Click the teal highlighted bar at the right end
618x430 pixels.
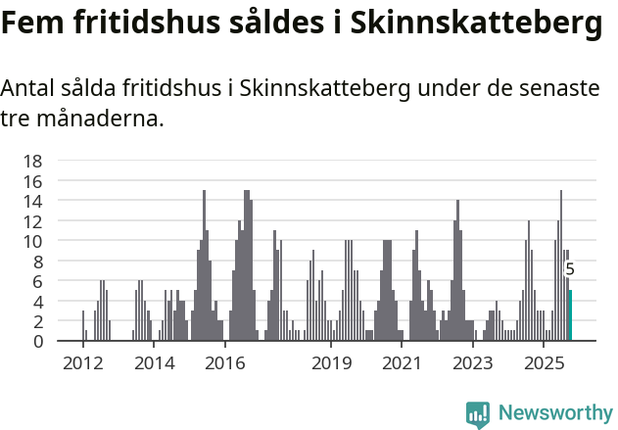[570, 315]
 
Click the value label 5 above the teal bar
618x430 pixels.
[570, 269]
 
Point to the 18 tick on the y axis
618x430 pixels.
[32, 161]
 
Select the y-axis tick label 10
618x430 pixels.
[32, 241]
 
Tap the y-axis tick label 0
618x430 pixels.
[37, 341]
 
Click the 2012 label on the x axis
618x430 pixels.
[82, 363]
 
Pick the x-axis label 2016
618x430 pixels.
[224, 363]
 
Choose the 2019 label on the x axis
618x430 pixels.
[331, 363]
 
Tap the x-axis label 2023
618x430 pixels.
[473, 363]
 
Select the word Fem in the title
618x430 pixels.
[31, 24]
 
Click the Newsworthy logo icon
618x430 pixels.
[478, 413]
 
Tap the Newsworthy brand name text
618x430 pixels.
[554, 413]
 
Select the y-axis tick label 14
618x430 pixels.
[32, 201]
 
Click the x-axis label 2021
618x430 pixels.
[402, 363]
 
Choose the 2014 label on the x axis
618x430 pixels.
[153, 363]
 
